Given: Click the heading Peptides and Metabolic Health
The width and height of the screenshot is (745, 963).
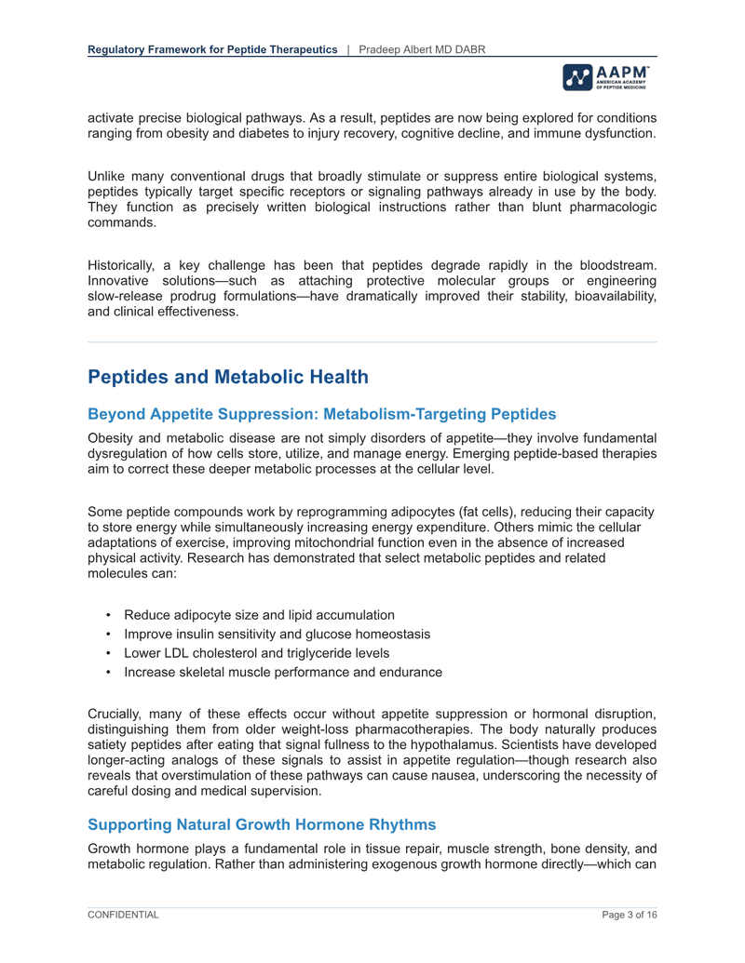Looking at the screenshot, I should [x=228, y=377].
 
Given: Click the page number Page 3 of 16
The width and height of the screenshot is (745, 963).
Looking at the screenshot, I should [x=629, y=916].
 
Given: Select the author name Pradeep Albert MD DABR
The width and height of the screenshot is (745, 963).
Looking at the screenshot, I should [x=421, y=48].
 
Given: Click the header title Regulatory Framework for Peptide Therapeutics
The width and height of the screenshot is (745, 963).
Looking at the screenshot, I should [x=212, y=48].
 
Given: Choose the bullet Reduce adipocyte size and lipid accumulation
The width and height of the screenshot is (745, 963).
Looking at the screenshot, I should [x=258, y=614].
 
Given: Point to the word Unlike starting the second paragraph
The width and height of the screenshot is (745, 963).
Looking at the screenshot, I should [x=106, y=177].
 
